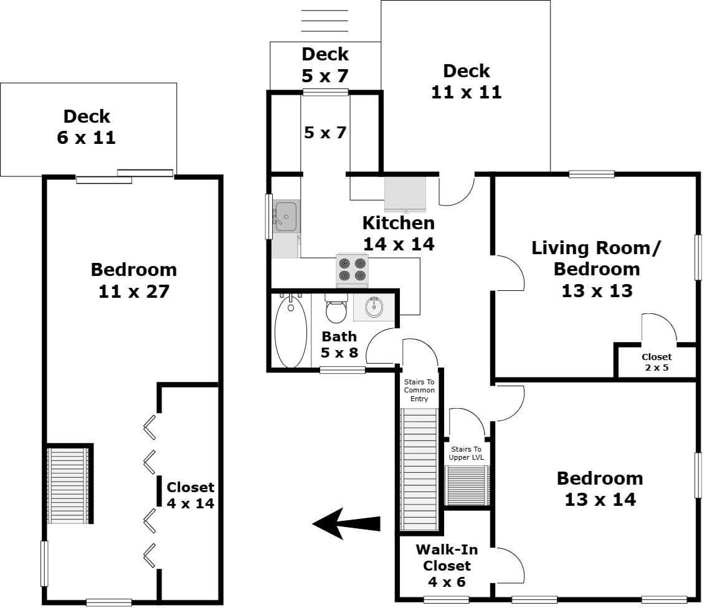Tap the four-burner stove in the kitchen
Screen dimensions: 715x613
pyautogui.click(x=353, y=270)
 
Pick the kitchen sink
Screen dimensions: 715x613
pyautogui.click(x=286, y=216)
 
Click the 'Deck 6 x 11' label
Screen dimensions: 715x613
pyautogui.click(x=87, y=127)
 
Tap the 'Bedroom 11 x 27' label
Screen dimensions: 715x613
pyautogui.click(x=134, y=280)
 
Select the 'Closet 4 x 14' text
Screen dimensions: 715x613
pyautogui.click(x=190, y=495)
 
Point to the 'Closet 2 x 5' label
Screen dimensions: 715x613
pyautogui.click(x=656, y=362)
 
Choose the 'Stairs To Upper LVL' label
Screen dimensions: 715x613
pyautogui.click(x=466, y=454)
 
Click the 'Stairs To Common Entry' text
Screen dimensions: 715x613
pyautogui.click(x=419, y=390)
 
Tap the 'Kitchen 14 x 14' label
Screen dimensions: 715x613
pyautogui.click(x=399, y=233)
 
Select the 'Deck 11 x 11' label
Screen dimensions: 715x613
pyautogui.click(x=466, y=81)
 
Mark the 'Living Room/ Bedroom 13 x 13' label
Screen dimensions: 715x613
pyautogui.click(x=597, y=269)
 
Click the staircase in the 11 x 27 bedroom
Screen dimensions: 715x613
pyautogui.click(x=69, y=485)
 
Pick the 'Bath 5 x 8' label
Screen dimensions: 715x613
pyautogui.click(x=339, y=345)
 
